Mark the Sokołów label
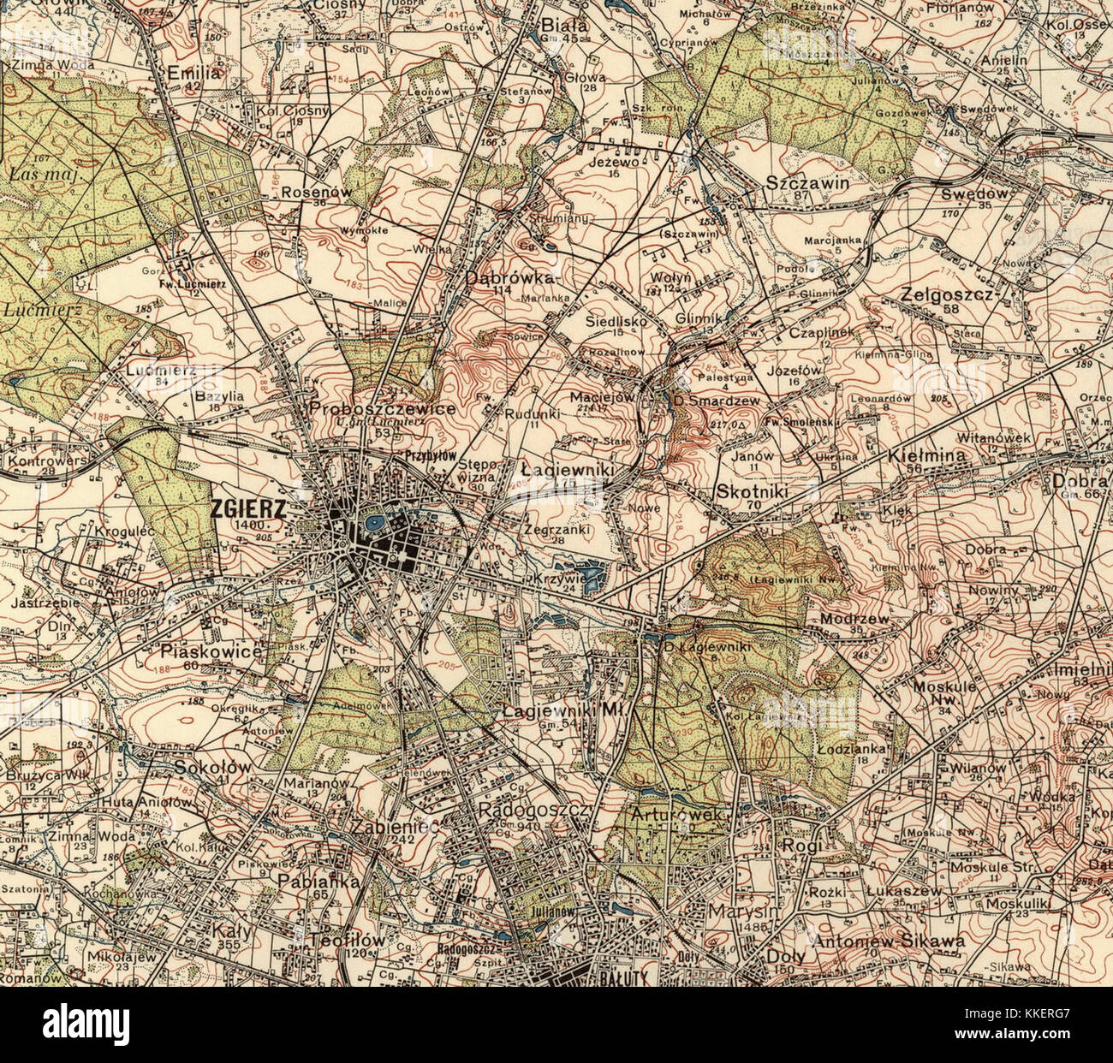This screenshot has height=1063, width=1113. (213, 768)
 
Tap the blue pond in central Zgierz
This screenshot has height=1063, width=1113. (374, 521)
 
